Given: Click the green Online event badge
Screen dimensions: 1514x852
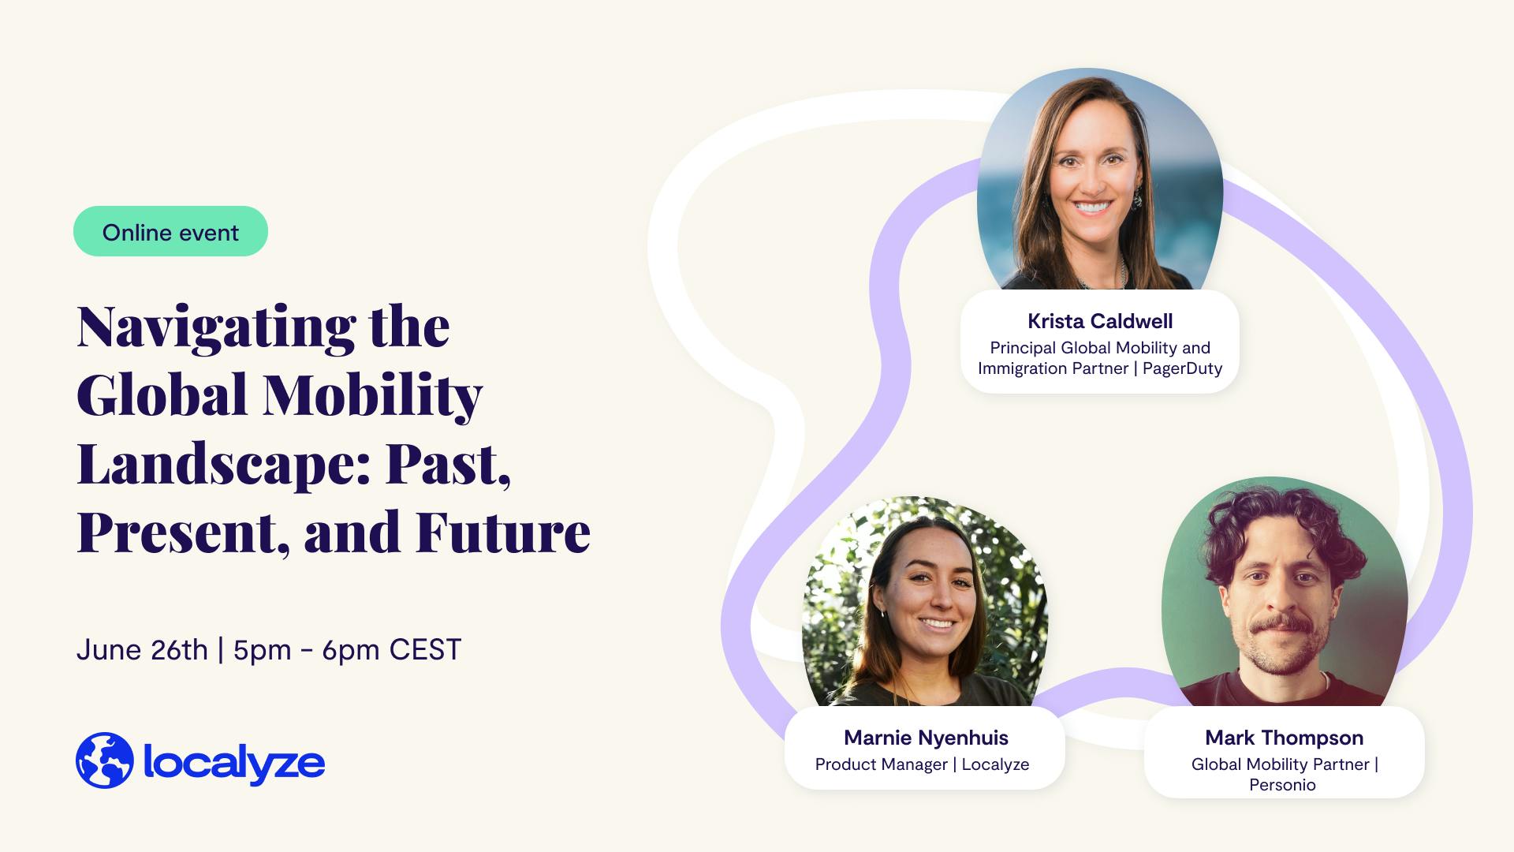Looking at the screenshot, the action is coord(170,231).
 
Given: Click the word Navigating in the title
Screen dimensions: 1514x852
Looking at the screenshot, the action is coord(217,327).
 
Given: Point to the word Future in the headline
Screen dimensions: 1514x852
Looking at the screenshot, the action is coord(503,532).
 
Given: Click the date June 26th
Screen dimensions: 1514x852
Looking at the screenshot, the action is coord(142,650).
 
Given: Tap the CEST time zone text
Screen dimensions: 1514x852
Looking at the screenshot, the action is coord(425,650).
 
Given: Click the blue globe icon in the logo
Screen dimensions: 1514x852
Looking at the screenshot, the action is coord(105,760).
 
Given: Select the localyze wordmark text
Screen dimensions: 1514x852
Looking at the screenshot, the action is coord(234,762).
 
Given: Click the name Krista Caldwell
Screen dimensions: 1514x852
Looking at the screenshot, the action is coord(1100,321).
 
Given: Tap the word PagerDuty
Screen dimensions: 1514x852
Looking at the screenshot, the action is coord(1182,368).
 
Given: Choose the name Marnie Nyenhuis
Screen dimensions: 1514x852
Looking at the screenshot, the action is coord(926,738).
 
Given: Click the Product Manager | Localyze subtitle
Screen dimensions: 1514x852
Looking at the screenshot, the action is coord(922,764).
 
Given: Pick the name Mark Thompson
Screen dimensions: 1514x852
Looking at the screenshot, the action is coord(1284,738).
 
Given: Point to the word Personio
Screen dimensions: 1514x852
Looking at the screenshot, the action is coord(1282,785).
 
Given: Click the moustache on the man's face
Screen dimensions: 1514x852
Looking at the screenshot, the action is coord(1283,625).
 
